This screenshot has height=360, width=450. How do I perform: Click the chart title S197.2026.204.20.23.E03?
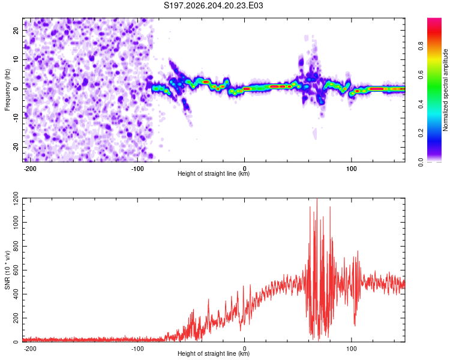213,5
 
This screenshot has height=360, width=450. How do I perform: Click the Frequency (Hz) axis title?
7,90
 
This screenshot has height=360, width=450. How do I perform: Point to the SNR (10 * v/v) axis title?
7,270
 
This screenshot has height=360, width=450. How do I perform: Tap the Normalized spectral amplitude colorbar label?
445,90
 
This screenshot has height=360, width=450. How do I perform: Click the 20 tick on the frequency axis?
16,30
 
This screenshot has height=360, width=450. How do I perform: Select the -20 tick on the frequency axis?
16,148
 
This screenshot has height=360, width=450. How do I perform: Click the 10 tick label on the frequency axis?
16,59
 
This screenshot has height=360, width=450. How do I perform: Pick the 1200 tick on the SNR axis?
16,199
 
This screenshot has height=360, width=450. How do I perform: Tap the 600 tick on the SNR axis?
16,270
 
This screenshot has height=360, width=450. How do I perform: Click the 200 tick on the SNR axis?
16,318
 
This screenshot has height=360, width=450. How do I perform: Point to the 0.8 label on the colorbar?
421,46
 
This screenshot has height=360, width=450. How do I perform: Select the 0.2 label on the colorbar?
421,133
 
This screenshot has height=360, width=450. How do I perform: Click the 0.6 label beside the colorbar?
421,75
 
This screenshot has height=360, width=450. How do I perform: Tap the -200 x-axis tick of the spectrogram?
29,169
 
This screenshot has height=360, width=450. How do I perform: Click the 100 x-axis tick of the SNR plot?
351,349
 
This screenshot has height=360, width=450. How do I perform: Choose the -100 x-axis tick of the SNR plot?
137,349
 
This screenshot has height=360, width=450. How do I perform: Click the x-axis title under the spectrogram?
214,173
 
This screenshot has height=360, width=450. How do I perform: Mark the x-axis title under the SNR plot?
214,353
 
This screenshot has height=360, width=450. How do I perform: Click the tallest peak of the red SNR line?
317,199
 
